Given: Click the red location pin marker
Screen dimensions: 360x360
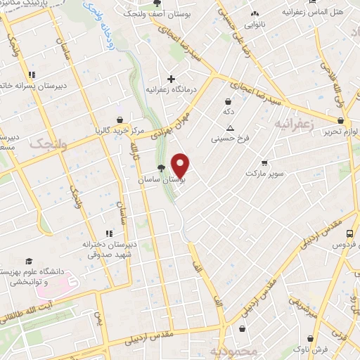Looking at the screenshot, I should pos(181,165).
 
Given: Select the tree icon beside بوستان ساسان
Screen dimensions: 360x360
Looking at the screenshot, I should pos(162,167).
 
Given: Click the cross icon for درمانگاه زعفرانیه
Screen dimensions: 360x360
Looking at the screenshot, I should pos(170,79).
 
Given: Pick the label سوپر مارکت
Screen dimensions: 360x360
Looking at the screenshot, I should pos(264,172).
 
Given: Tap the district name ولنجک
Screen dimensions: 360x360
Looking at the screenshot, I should pos(48,144).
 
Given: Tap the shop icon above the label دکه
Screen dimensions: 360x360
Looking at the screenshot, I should pos(229,101).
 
